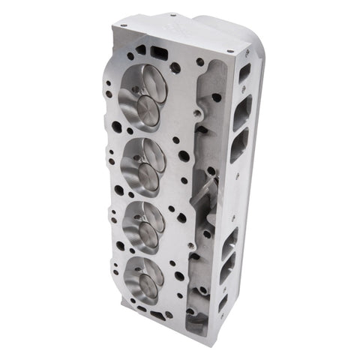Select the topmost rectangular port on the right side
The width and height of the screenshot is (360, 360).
(x=244, y=73)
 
